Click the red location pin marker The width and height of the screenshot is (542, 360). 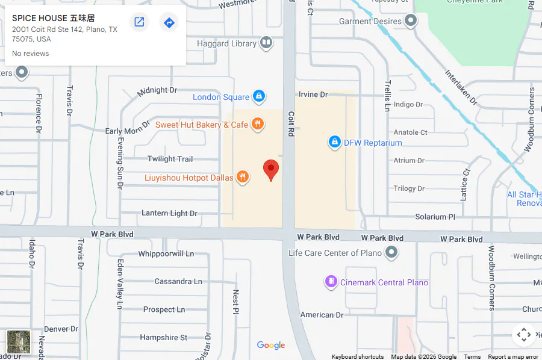pos(272,169)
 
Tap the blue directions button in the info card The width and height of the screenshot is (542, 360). pos(169,23)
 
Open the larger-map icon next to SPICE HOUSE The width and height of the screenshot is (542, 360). pos(139,23)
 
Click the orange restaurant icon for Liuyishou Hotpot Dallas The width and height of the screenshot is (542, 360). pos(242,177)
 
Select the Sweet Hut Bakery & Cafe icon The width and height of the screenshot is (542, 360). pos(257,125)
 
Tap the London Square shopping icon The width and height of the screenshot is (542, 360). pos(258,96)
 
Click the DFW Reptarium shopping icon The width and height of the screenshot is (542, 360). pos(334,143)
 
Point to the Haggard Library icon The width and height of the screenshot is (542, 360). pos(266,43)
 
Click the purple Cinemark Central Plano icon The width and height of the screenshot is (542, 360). pos(330,282)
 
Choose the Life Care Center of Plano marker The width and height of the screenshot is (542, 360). pos(392,253)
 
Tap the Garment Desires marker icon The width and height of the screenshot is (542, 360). pos(411,22)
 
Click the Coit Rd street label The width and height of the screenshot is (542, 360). pos(290,124)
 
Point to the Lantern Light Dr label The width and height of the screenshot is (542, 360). pos(169,213)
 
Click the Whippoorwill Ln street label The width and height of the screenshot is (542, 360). pos(166,253)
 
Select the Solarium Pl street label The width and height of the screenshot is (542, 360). pos(439,217)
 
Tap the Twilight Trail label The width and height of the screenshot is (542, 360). pos(170,159)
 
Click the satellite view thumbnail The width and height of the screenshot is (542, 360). pos(18,342)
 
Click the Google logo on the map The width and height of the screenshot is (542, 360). pos(271,345)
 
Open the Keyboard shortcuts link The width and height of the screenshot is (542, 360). pos(357,356)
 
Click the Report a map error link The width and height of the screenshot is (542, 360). pos(513,356)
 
